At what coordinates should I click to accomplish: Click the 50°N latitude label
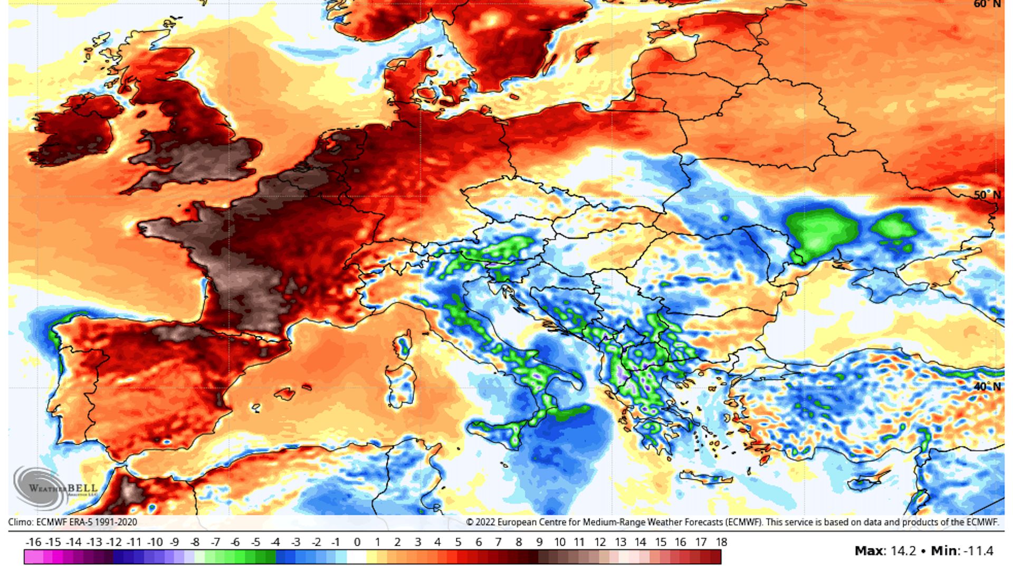coord(987,195)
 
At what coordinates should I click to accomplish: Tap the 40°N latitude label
coord(987,387)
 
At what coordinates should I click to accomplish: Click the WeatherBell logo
coord(55,488)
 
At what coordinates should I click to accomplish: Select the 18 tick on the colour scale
coord(721,542)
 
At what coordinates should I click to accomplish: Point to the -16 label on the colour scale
coord(33,542)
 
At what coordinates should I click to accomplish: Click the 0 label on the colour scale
coord(357,542)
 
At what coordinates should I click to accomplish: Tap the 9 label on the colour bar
coord(539,542)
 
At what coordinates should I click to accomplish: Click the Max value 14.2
coord(903,551)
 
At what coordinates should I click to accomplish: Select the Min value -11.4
coord(978,551)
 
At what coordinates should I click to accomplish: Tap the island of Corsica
coord(404,345)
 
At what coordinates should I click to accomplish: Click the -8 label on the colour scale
coord(195,542)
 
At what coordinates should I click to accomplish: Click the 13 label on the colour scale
coord(620,542)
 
